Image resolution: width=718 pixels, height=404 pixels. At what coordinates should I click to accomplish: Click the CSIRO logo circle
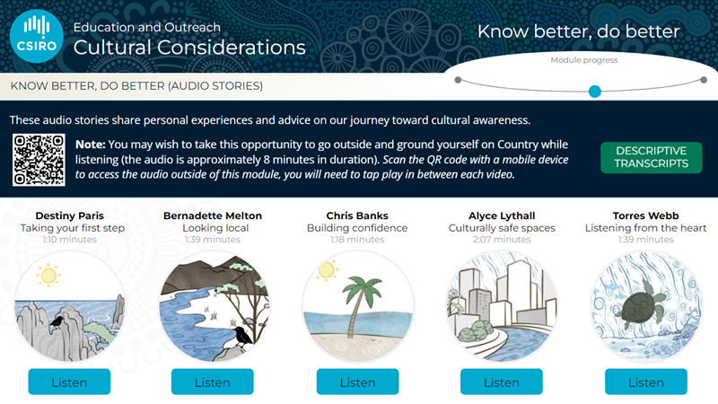[x=36, y=36]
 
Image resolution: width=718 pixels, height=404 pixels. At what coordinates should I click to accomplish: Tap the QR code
[x=39, y=160]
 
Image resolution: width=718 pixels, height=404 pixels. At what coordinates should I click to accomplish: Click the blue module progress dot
[x=594, y=92]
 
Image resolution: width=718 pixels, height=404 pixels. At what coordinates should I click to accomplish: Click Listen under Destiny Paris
[x=69, y=382]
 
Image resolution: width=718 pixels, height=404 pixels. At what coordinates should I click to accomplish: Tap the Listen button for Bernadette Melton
[x=213, y=382]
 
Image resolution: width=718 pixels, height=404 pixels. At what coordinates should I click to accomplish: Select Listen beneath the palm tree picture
[x=357, y=382]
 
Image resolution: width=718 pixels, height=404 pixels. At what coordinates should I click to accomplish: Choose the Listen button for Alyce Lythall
[x=502, y=382]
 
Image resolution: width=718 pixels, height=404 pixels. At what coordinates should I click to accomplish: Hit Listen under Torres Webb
[x=645, y=382]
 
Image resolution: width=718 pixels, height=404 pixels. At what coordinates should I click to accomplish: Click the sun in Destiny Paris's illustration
[x=48, y=276]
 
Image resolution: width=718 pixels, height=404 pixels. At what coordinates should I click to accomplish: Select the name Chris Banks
[x=357, y=215]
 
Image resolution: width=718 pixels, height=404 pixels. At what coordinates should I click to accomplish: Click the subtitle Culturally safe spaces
[x=502, y=228]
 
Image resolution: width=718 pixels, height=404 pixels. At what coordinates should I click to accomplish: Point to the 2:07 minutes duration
[x=502, y=240]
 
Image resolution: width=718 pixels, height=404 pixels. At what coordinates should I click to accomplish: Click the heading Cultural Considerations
[x=189, y=48]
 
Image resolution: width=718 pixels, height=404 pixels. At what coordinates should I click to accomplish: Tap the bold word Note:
[x=91, y=145]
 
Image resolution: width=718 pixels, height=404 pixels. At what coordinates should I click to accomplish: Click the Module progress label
[x=584, y=60]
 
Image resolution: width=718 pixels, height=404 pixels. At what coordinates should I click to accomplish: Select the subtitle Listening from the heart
[x=645, y=228]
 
